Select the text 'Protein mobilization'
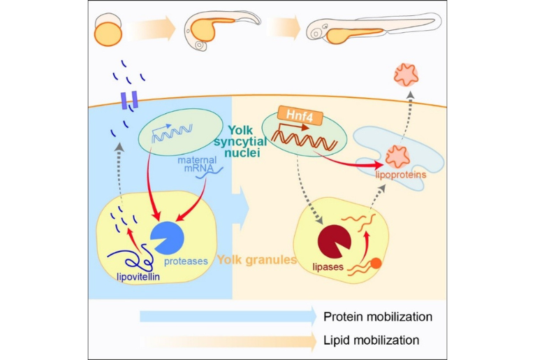tap(378, 317)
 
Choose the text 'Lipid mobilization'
tap(371, 340)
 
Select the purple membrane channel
tap(129, 101)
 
